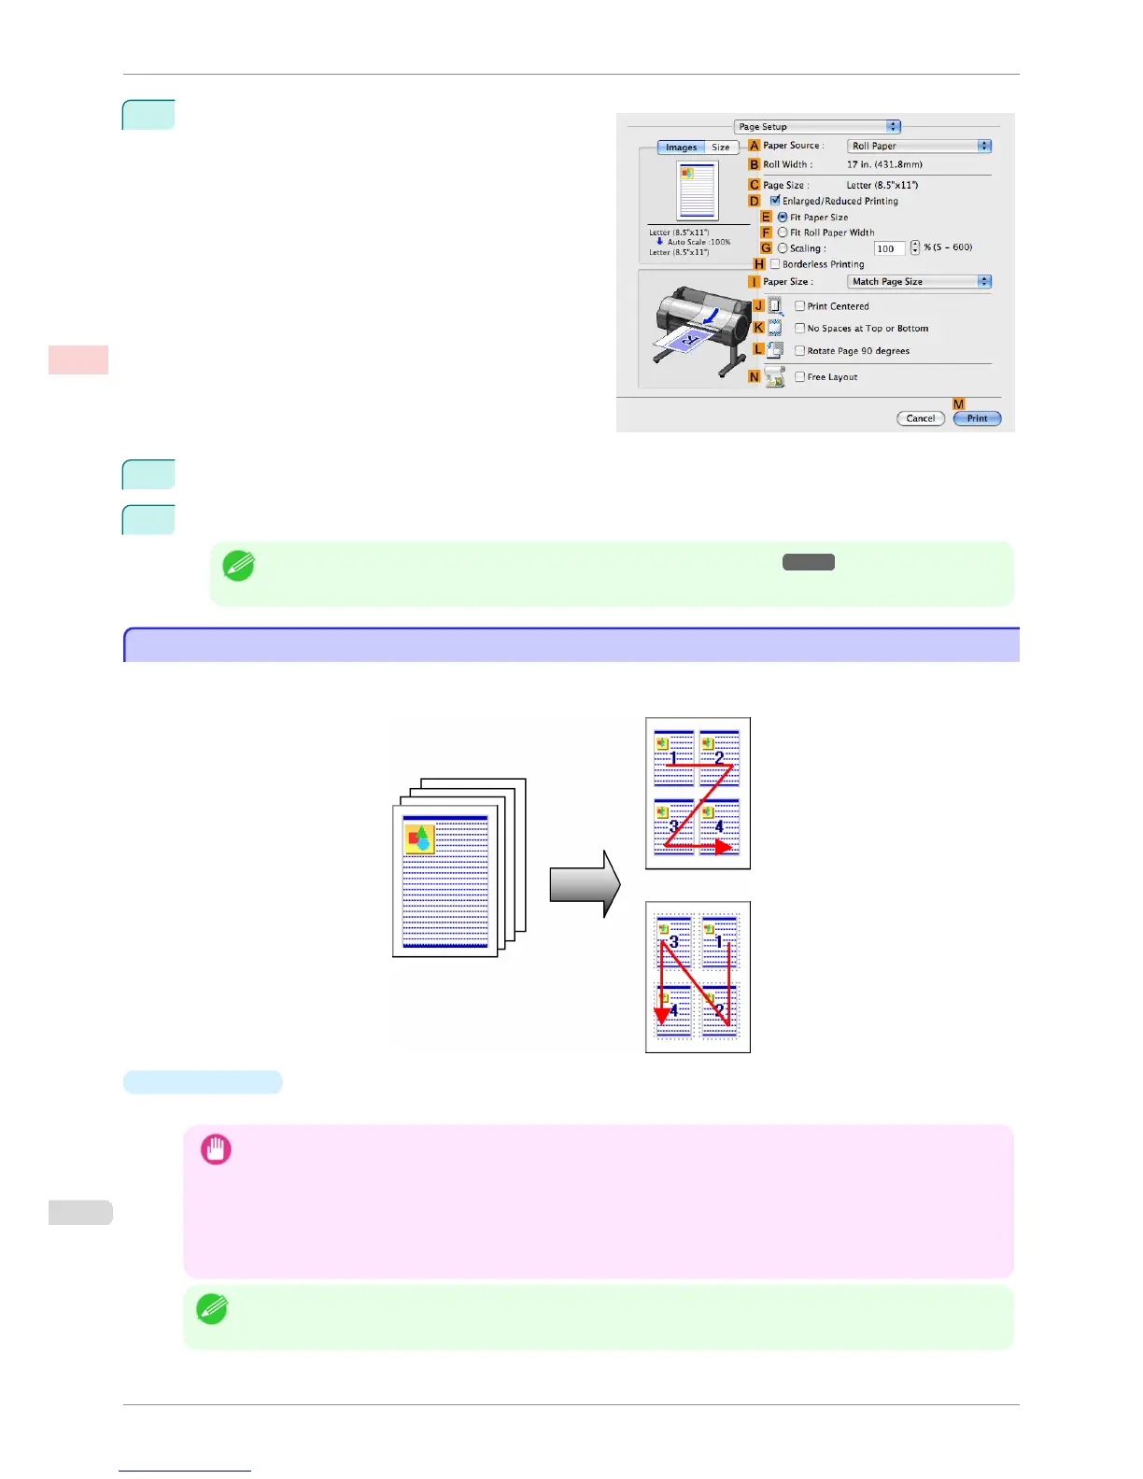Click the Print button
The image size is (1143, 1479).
point(977,418)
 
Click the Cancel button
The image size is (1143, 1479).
point(920,418)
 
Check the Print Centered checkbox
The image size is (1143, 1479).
point(800,305)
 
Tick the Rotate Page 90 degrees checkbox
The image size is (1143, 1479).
point(800,350)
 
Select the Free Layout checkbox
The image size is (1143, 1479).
point(800,376)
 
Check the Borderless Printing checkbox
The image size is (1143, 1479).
point(775,264)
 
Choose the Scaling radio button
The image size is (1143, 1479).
point(783,248)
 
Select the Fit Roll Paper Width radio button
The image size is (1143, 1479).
point(783,232)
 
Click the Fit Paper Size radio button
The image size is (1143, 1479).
point(783,217)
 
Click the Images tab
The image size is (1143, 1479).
point(681,148)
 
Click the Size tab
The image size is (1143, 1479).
point(721,148)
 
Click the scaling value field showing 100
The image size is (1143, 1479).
point(888,248)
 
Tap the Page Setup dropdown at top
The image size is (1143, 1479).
point(817,126)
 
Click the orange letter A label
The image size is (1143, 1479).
point(755,146)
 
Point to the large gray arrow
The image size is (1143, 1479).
point(585,884)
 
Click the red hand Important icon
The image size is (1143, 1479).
point(216,1149)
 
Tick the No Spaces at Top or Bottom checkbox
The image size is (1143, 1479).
point(800,328)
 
